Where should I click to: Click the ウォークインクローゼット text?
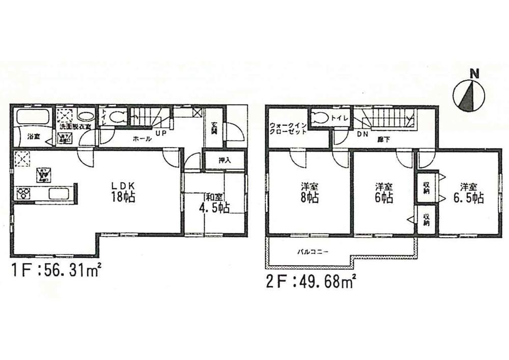(288, 128)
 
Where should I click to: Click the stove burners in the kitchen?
(23, 192)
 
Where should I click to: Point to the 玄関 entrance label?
(214, 128)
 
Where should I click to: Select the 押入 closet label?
(224, 160)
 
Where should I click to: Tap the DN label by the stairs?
(362, 134)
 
